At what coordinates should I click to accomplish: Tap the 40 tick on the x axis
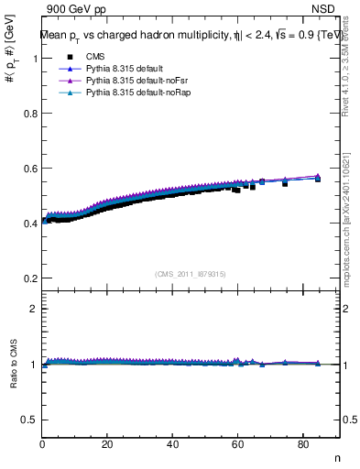pos(173,445)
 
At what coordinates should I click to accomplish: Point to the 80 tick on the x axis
pos(303,445)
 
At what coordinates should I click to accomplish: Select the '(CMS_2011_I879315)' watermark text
pos(191,272)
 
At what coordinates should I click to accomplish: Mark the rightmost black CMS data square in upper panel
pos(318,179)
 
